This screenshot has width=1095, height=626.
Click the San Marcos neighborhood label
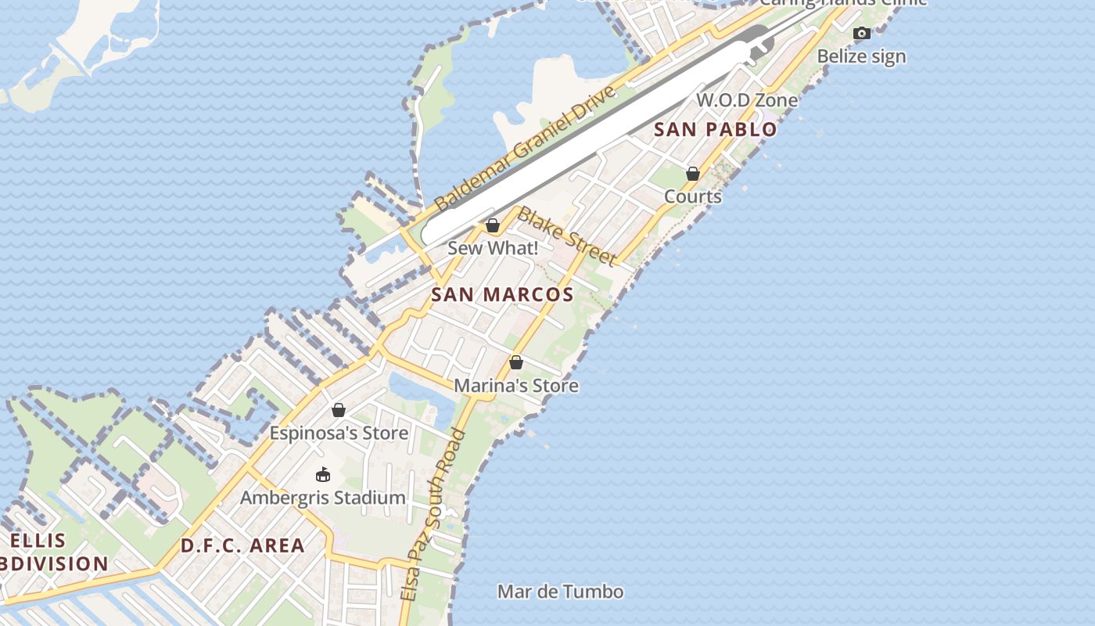pos(502,295)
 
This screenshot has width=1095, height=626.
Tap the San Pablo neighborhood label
pos(715,130)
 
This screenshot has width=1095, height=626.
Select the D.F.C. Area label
pos(242,546)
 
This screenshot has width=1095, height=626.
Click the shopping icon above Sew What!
pos(493,226)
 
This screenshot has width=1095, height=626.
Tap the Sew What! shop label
pos(493,248)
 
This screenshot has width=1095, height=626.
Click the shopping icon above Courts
pos(693,174)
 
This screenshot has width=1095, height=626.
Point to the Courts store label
pos(693,196)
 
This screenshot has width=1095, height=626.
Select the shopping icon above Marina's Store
pos(516,362)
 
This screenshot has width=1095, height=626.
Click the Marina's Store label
pos(516,386)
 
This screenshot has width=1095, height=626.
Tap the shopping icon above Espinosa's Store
pos(339,410)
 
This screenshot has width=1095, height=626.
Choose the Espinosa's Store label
pos(339,433)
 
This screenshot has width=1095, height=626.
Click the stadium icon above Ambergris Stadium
pos(322,474)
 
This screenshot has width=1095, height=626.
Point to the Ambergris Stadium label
pos(322,498)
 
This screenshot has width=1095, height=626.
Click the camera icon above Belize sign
pos(862,33)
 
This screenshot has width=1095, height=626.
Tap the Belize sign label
pos(862,56)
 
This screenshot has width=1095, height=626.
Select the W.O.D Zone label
pos(747,100)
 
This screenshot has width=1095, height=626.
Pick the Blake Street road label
pos(567,236)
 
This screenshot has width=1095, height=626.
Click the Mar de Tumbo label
pos(561,592)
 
